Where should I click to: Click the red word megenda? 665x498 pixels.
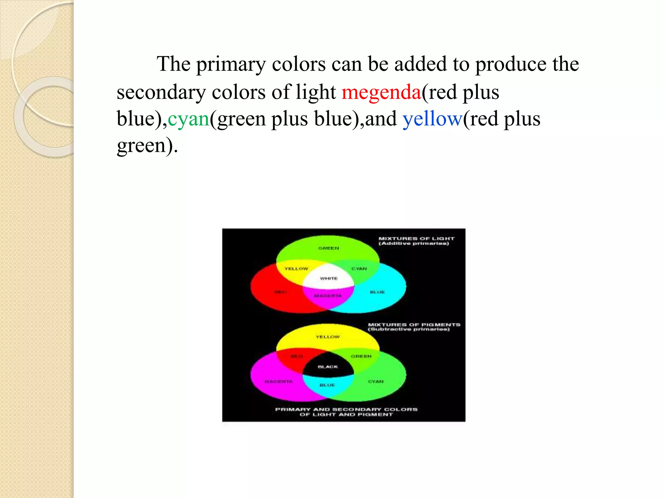tap(381, 92)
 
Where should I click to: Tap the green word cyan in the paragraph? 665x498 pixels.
tap(188, 119)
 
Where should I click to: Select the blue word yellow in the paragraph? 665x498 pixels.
tap(432, 119)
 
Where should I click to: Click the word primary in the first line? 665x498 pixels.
tap(231, 64)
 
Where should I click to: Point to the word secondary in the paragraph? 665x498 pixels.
tap(161, 92)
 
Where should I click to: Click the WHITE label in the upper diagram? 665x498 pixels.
tap(329, 279)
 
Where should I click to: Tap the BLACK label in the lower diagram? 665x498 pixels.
tap(328, 367)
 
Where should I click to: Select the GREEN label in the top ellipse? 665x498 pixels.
tap(329, 248)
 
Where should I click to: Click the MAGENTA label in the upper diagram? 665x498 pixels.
tap(328, 296)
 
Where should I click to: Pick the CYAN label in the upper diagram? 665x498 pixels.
tap(359, 268)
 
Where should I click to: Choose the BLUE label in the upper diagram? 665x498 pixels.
tap(377, 292)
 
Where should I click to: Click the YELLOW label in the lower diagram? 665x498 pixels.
tap(328, 337)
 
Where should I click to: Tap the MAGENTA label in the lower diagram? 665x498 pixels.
tap(279, 382)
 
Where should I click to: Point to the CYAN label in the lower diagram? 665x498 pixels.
tap(376, 382)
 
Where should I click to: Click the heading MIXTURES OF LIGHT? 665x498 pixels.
tap(416, 239)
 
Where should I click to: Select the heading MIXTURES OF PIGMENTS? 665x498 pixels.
tap(414, 325)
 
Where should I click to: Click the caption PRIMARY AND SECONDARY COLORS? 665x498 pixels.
tap(346, 409)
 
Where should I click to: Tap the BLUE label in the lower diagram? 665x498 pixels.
tap(327, 385)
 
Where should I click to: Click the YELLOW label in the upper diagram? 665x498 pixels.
tap(296, 268)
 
